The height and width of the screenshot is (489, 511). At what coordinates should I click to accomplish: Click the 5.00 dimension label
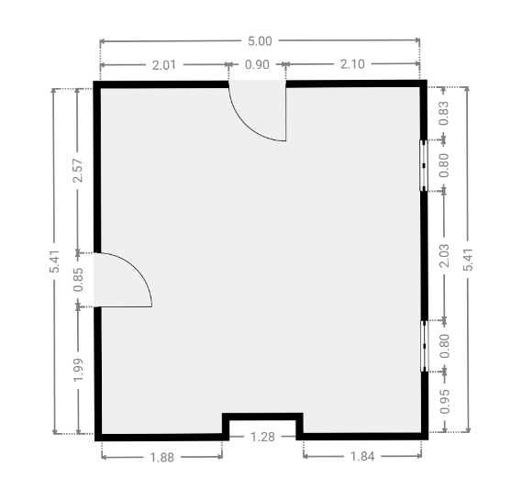point(260,41)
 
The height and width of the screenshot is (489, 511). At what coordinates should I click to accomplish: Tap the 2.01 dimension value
point(164,65)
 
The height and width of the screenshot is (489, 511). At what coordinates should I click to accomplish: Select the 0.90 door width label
point(257,64)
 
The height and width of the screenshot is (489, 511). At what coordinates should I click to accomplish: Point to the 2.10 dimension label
point(352,64)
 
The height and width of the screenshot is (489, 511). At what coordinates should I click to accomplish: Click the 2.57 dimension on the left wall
point(78,171)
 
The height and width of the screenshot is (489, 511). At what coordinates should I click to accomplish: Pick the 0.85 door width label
point(78,280)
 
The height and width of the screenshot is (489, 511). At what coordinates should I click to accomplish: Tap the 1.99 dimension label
point(78,370)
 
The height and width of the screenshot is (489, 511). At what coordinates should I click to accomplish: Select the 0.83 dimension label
point(443,114)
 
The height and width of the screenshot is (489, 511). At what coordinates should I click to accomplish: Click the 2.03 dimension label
point(444,256)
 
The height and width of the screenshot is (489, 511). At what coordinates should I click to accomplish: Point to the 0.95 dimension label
point(445,402)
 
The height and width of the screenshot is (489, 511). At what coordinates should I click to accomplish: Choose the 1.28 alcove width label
point(262,437)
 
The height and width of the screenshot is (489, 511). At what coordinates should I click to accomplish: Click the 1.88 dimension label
point(162,458)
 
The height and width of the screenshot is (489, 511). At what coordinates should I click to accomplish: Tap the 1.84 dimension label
point(362,456)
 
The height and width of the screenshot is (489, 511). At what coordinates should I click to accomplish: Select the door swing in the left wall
point(139,267)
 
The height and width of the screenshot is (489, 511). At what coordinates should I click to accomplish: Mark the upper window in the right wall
point(423,166)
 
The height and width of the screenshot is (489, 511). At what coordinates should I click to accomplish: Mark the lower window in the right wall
point(424,346)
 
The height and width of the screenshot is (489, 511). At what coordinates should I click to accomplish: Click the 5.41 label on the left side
point(54,261)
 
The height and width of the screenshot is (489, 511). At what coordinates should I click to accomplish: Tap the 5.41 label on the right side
point(468,260)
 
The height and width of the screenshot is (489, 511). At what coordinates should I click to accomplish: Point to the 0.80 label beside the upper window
point(444,166)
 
